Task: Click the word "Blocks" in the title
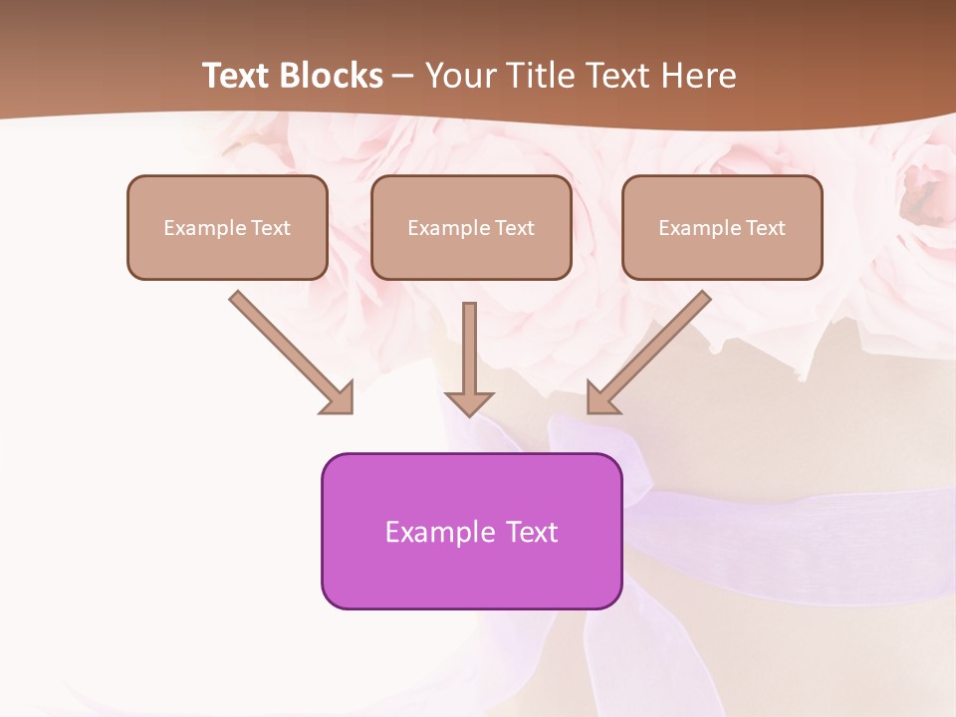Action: [332, 76]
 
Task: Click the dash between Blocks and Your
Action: [403, 77]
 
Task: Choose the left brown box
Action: [227, 227]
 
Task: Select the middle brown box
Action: [471, 227]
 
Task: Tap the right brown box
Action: [722, 227]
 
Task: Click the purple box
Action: [471, 531]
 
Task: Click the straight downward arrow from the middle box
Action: [470, 349]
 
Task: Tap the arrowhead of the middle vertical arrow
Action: [470, 402]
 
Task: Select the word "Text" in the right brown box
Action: [766, 228]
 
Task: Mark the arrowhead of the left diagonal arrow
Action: [339, 398]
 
